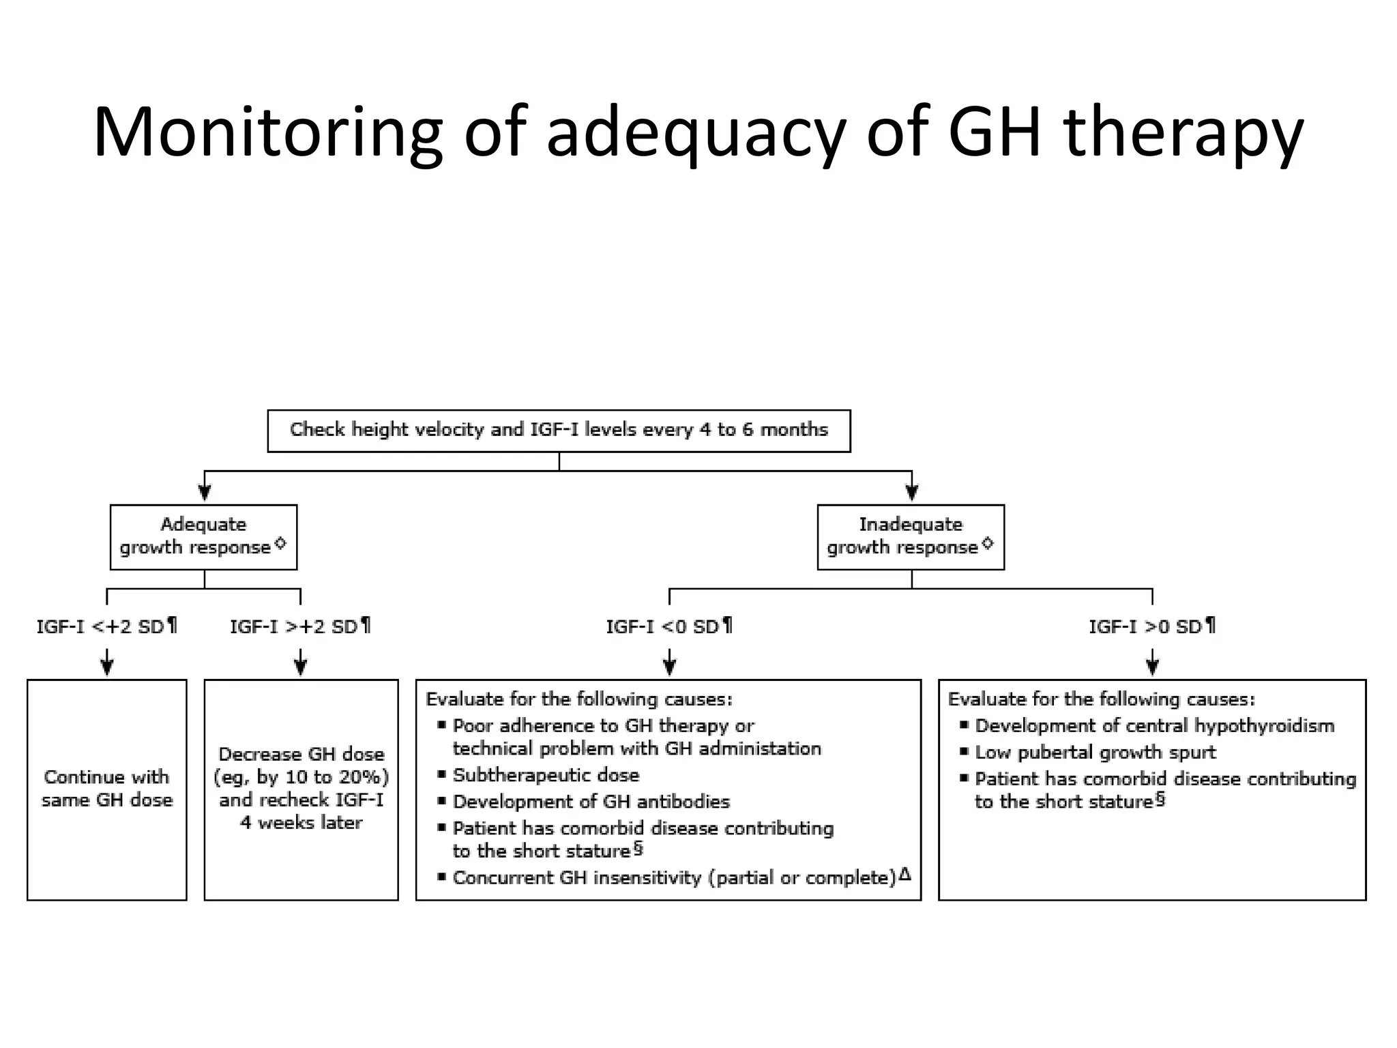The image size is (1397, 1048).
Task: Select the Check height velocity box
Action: tap(559, 430)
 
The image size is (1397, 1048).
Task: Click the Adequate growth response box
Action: tap(203, 536)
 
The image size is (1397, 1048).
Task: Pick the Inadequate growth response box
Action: tap(910, 536)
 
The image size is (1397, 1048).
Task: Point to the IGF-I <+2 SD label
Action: tap(106, 626)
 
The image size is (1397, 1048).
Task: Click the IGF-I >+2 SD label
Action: tap(300, 626)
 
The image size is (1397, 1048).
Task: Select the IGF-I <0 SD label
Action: tap(669, 626)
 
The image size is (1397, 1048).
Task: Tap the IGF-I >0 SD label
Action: tap(1151, 626)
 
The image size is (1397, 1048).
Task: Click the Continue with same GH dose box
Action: tap(106, 789)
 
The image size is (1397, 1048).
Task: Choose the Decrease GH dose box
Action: tap(301, 789)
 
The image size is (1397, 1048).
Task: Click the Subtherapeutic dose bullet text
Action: tap(546, 775)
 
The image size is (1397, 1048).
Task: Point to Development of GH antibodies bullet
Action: tap(591, 802)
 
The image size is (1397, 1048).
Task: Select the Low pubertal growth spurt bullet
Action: tap(1095, 753)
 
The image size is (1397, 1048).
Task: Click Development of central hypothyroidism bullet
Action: tap(1154, 726)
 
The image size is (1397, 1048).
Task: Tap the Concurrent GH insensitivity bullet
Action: tap(674, 878)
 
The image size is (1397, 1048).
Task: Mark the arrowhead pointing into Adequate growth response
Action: tap(205, 493)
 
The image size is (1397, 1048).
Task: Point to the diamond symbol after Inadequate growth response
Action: tap(988, 544)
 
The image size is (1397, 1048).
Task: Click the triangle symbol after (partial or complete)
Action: tap(905, 874)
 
